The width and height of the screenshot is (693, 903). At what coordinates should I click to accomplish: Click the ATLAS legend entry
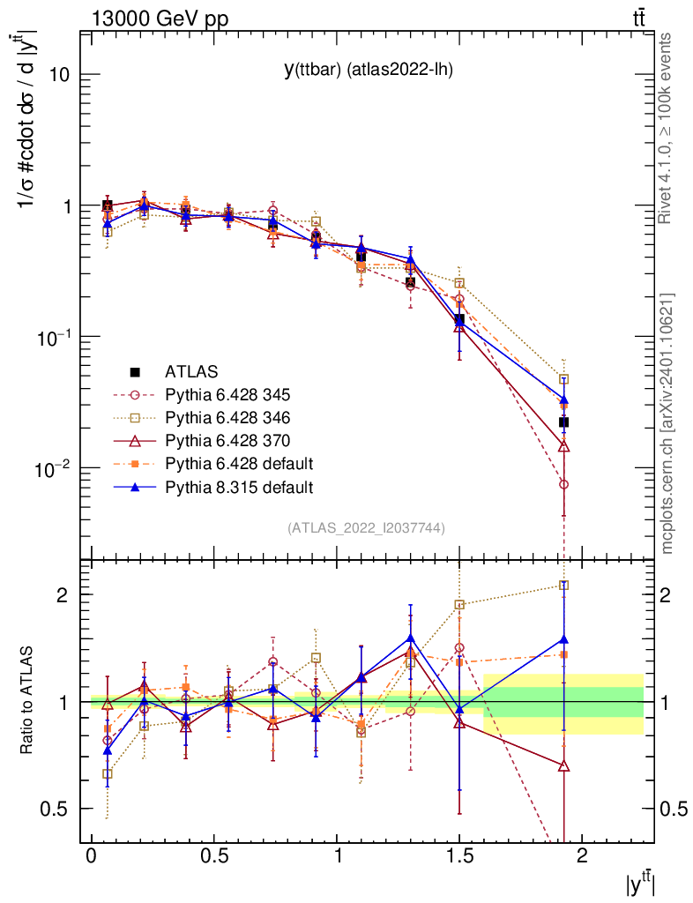tap(190, 372)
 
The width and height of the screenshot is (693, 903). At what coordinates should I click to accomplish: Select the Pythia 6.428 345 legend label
tap(227, 394)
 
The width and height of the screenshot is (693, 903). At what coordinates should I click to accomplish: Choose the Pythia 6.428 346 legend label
tap(227, 417)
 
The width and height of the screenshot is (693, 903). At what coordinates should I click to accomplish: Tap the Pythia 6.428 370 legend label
tap(227, 440)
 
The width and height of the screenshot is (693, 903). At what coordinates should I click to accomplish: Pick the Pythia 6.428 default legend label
tap(239, 463)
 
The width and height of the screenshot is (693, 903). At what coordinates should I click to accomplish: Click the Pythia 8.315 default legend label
tap(239, 486)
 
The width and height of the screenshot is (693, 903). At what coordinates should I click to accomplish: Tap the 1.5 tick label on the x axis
tap(458, 857)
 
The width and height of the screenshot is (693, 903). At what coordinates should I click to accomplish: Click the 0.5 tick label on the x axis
tap(213, 857)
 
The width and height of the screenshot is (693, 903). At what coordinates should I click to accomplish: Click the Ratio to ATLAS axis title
tap(28, 702)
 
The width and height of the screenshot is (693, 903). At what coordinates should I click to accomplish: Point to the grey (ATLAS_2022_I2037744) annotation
tap(366, 528)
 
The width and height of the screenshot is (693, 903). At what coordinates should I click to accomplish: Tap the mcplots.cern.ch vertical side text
tap(667, 423)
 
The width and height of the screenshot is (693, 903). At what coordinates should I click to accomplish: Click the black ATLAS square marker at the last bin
tap(563, 422)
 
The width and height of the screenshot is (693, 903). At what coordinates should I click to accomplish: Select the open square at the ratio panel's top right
tap(563, 585)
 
